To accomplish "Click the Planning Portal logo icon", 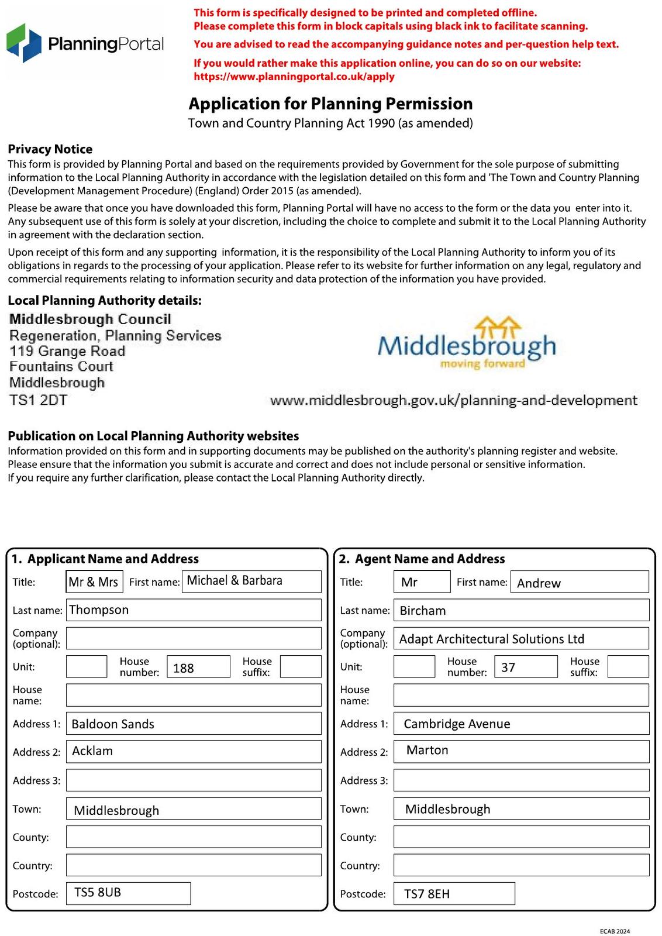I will [x=24, y=43].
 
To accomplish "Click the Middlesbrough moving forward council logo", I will [x=466, y=345].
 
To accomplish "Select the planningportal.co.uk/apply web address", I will [x=294, y=77].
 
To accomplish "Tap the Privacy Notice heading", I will [x=50, y=149].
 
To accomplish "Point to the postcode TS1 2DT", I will [x=38, y=400].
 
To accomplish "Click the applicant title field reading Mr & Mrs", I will [x=94, y=582].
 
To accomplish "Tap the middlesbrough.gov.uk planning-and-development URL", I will [x=453, y=401].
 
